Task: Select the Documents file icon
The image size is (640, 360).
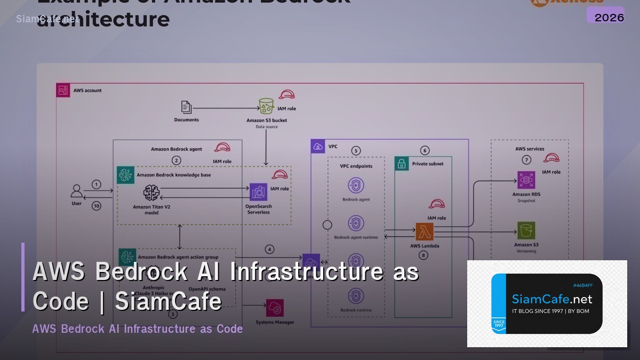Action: (186, 107)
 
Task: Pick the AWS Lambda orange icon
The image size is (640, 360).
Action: (425, 232)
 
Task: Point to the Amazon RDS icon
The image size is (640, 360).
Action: (526, 180)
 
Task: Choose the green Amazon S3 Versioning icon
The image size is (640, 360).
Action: (526, 230)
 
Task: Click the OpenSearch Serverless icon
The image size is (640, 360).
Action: (258, 192)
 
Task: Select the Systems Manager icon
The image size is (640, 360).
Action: (275, 308)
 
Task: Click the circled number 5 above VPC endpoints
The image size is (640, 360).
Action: (356, 151)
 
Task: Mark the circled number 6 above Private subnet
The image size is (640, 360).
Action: (425, 150)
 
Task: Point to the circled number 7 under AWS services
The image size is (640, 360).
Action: (526, 159)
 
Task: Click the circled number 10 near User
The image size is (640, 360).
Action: (96, 206)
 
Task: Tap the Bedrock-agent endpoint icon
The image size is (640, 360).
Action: (356, 186)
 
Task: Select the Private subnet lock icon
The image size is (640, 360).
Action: (402, 164)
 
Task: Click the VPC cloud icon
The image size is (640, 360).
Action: (318, 147)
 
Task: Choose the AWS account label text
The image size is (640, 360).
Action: (87, 91)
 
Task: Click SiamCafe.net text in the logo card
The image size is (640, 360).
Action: (552, 299)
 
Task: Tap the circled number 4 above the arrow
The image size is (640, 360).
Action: (270, 249)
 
